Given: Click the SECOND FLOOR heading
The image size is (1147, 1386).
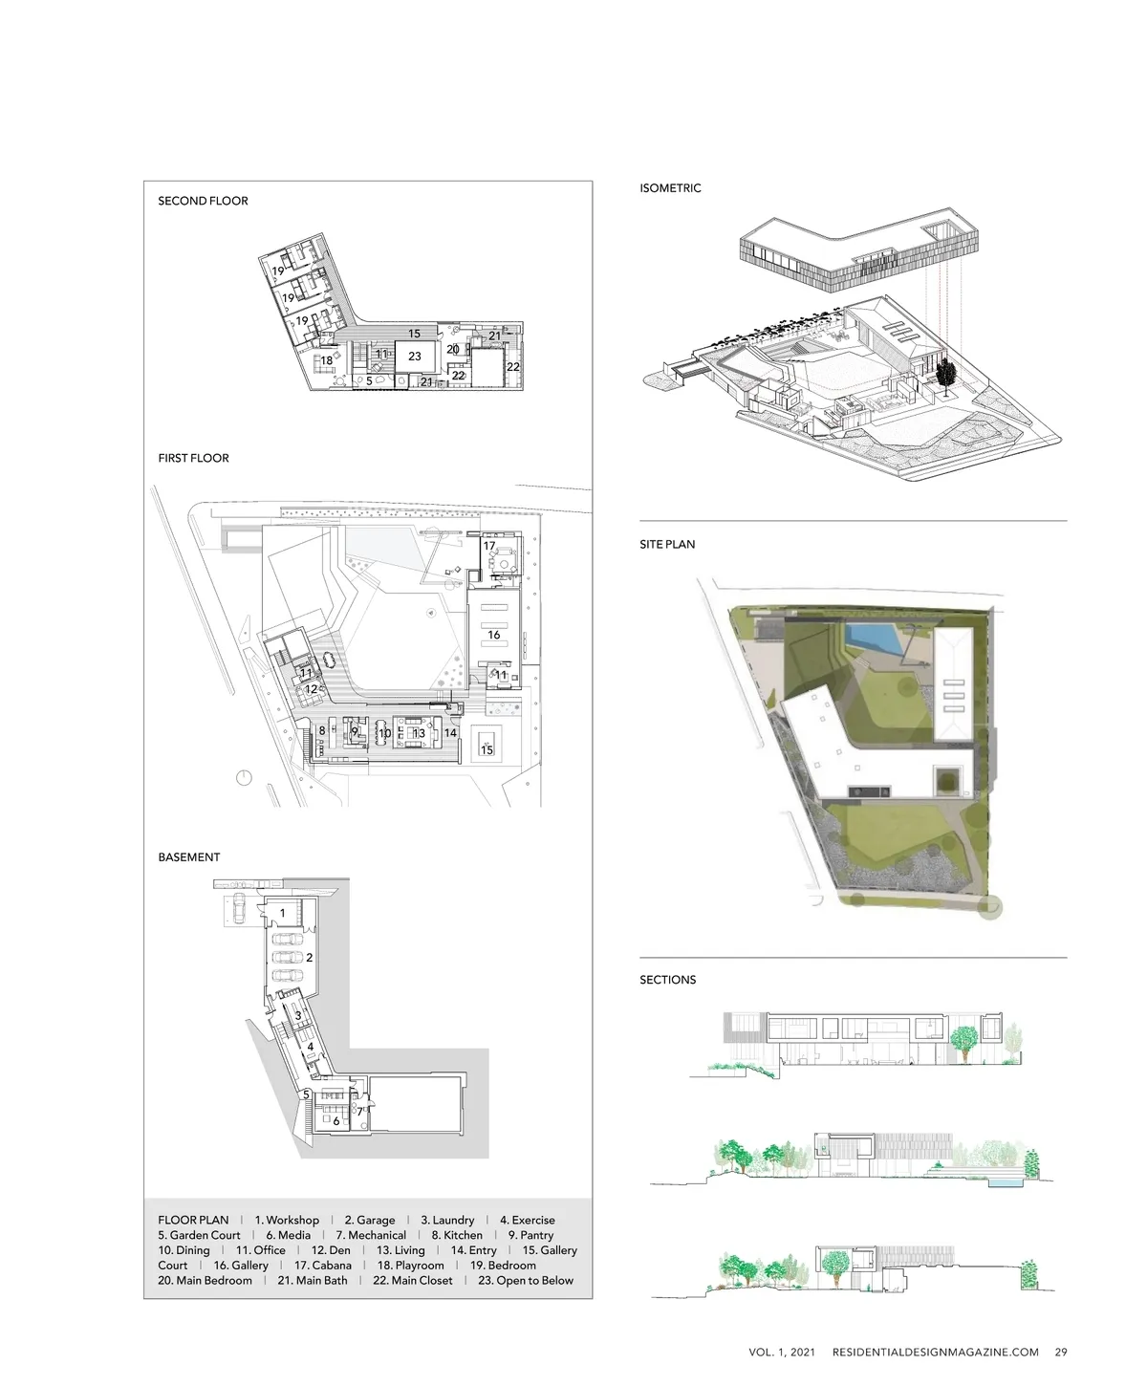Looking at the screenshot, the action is [x=203, y=201].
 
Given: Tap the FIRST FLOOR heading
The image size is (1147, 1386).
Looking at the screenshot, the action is [x=193, y=458].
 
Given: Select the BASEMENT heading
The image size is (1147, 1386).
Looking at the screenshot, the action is [x=188, y=857].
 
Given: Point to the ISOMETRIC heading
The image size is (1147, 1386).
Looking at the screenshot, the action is [x=670, y=188].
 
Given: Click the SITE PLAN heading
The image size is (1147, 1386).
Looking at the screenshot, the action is [x=667, y=544].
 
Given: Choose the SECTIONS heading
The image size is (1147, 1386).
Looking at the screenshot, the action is [x=668, y=980].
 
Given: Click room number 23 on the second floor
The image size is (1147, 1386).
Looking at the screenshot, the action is [x=415, y=357].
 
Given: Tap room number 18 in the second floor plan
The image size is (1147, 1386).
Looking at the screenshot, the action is [x=327, y=360].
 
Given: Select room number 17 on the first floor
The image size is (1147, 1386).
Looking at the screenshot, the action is [x=489, y=546].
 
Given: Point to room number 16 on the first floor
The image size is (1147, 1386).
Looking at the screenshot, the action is [x=494, y=635].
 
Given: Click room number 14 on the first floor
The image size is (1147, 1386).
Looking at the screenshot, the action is [x=451, y=733].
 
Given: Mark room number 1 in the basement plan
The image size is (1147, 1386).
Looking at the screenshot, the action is [x=282, y=913].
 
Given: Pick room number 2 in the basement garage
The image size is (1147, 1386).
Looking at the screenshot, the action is [x=310, y=957].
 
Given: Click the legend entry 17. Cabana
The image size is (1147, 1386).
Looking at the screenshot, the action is [x=323, y=1266].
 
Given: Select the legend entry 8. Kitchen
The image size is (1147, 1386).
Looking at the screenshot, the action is [x=457, y=1235].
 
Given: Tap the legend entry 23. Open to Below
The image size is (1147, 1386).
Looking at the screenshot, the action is [x=526, y=1281].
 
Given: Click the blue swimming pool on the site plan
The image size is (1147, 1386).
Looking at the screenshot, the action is [x=872, y=637].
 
